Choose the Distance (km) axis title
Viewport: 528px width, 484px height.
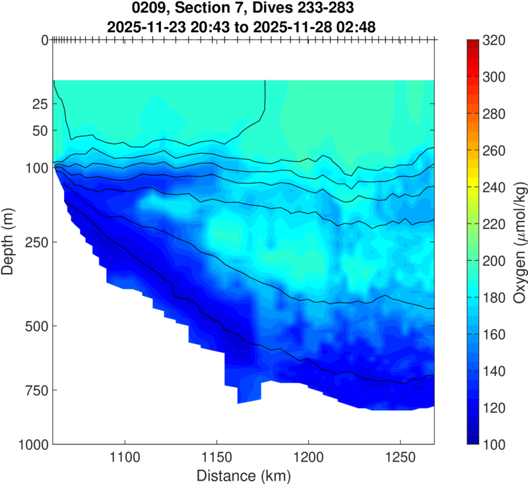(x=243, y=474)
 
